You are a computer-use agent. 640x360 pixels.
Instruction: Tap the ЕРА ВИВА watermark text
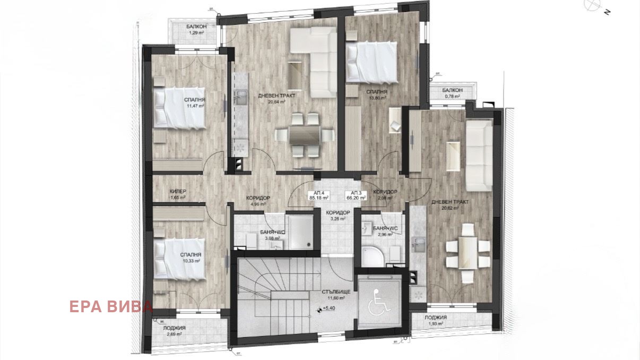(111, 306)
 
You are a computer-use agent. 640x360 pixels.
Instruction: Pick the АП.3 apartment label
(356, 195)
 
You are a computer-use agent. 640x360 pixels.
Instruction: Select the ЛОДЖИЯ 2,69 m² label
(174, 331)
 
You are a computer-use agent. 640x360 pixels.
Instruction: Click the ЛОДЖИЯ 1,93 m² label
(436, 320)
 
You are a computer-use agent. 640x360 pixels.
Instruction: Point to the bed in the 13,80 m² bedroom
(371, 63)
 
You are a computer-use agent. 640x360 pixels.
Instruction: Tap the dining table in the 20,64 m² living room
(305, 134)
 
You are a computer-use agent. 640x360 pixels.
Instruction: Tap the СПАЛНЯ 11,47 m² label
(195, 103)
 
